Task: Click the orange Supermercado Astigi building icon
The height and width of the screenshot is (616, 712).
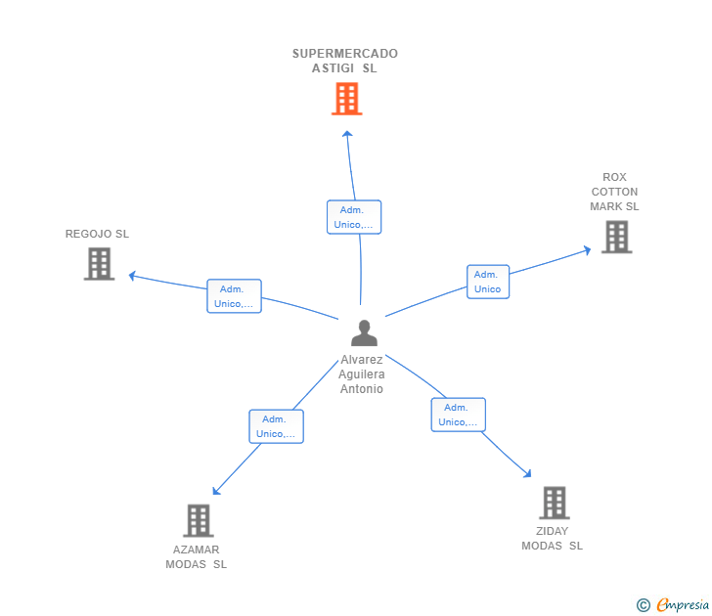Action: [346, 99]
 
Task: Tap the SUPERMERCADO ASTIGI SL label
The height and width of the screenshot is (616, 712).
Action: [344, 61]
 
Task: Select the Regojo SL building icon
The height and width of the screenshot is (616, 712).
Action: [99, 264]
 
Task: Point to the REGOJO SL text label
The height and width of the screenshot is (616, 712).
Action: [97, 234]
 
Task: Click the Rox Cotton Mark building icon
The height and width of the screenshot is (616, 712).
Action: [616, 237]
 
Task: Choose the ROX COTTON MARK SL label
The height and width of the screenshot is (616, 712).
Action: [614, 192]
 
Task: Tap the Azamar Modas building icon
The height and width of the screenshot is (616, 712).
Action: [198, 520]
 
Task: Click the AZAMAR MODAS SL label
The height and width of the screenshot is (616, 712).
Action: [196, 556]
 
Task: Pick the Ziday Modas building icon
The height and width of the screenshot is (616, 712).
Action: [554, 503]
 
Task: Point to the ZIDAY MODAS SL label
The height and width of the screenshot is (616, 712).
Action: [552, 539]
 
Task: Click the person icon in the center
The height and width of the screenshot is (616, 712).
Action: [364, 333]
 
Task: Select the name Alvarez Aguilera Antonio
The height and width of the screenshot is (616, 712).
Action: [362, 374]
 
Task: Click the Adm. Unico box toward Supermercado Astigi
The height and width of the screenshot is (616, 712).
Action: [353, 217]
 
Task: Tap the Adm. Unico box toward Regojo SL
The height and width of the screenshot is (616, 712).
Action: [234, 296]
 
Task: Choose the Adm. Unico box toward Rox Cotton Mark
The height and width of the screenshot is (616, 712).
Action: [487, 282]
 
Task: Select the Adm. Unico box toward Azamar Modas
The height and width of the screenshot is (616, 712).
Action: [275, 426]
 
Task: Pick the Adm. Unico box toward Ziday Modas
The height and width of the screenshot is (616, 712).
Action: [458, 415]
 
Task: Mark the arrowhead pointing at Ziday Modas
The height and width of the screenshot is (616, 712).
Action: [528, 474]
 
